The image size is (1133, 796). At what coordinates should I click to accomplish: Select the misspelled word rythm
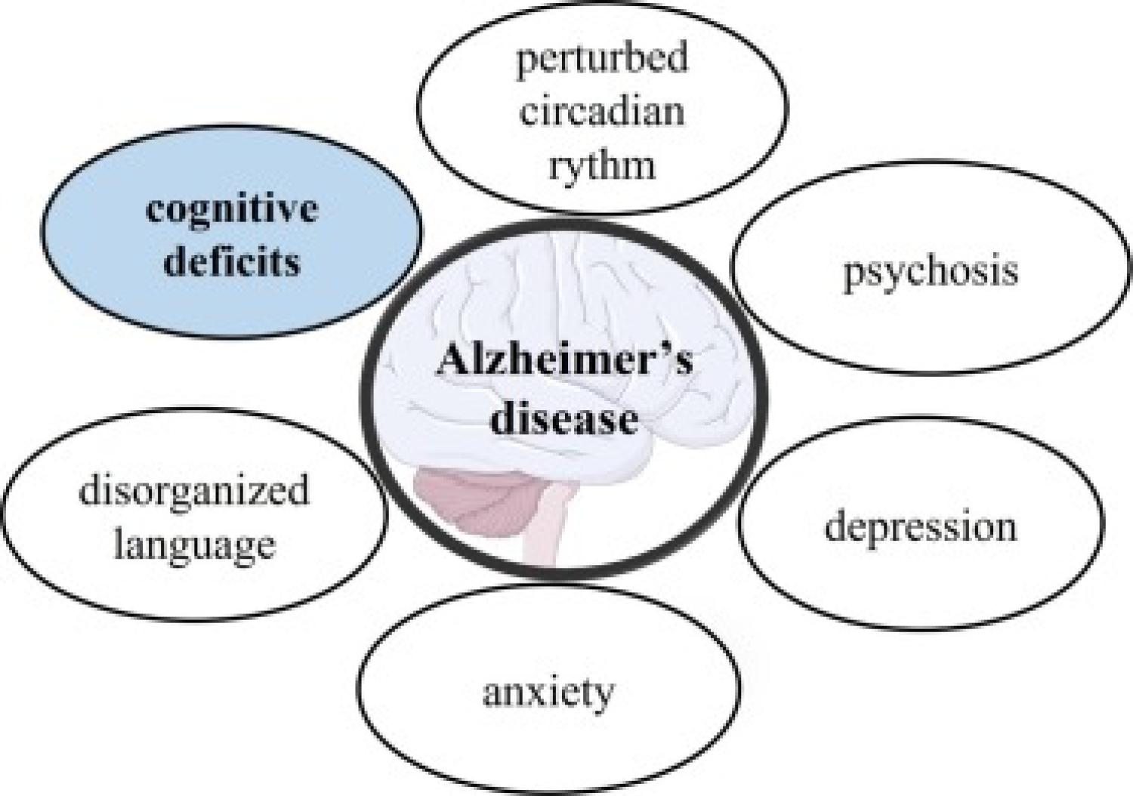coord(602,165)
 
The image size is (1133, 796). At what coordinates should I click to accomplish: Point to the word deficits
coord(232,263)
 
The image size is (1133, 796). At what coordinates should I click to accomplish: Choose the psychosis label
coord(930,273)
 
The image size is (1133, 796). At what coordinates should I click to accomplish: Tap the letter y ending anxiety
coord(602,699)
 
